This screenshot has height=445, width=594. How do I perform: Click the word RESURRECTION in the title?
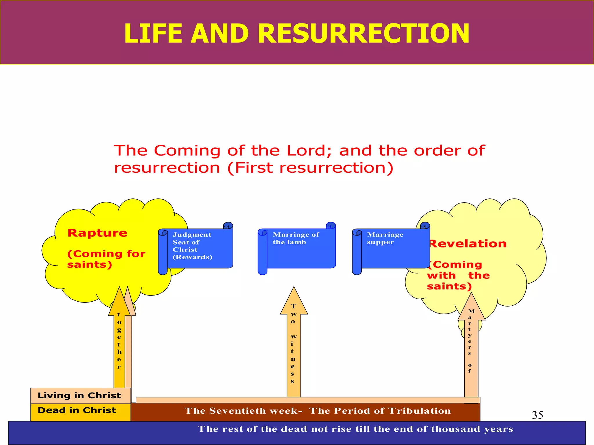coord(363,34)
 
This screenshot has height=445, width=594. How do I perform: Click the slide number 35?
coord(537,415)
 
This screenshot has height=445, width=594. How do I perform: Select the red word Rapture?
coord(97,233)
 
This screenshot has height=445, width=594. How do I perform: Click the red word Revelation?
coord(468,244)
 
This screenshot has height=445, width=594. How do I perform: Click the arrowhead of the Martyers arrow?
coord(471,307)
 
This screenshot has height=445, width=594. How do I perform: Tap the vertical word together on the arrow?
coord(119,340)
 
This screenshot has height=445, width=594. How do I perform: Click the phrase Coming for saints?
coord(106,259)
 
